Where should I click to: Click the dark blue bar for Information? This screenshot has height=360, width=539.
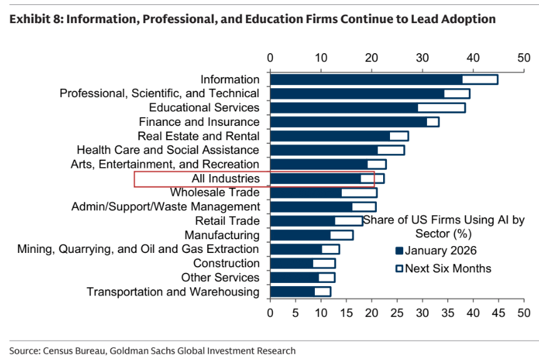coord(366,80)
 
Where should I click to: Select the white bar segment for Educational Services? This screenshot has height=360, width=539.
coord(441,108)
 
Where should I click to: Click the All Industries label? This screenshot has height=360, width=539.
coord(225,179)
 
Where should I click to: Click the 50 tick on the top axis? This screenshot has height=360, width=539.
coord(523,58)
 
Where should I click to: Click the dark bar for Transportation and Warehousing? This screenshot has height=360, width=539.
coord(292,292)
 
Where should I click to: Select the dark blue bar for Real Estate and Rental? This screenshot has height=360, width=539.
coord(330,136)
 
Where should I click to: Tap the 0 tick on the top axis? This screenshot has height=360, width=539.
coord(270,58)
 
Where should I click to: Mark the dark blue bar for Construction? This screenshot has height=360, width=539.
coord(292,264)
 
